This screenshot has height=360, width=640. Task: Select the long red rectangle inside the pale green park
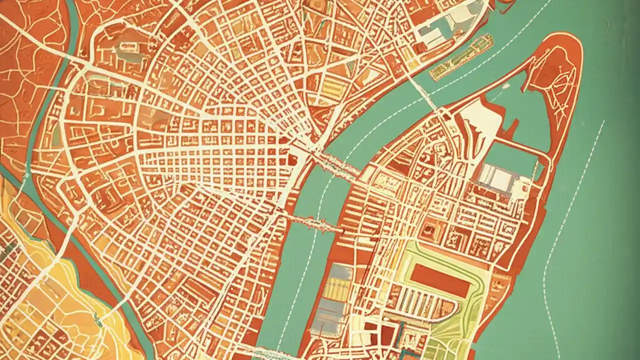click(440, 280)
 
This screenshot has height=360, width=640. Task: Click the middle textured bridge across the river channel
click(315, 223)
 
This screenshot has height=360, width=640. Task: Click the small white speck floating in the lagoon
click(506, 86)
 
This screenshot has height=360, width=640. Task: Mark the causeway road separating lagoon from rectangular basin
click(515, 145)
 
